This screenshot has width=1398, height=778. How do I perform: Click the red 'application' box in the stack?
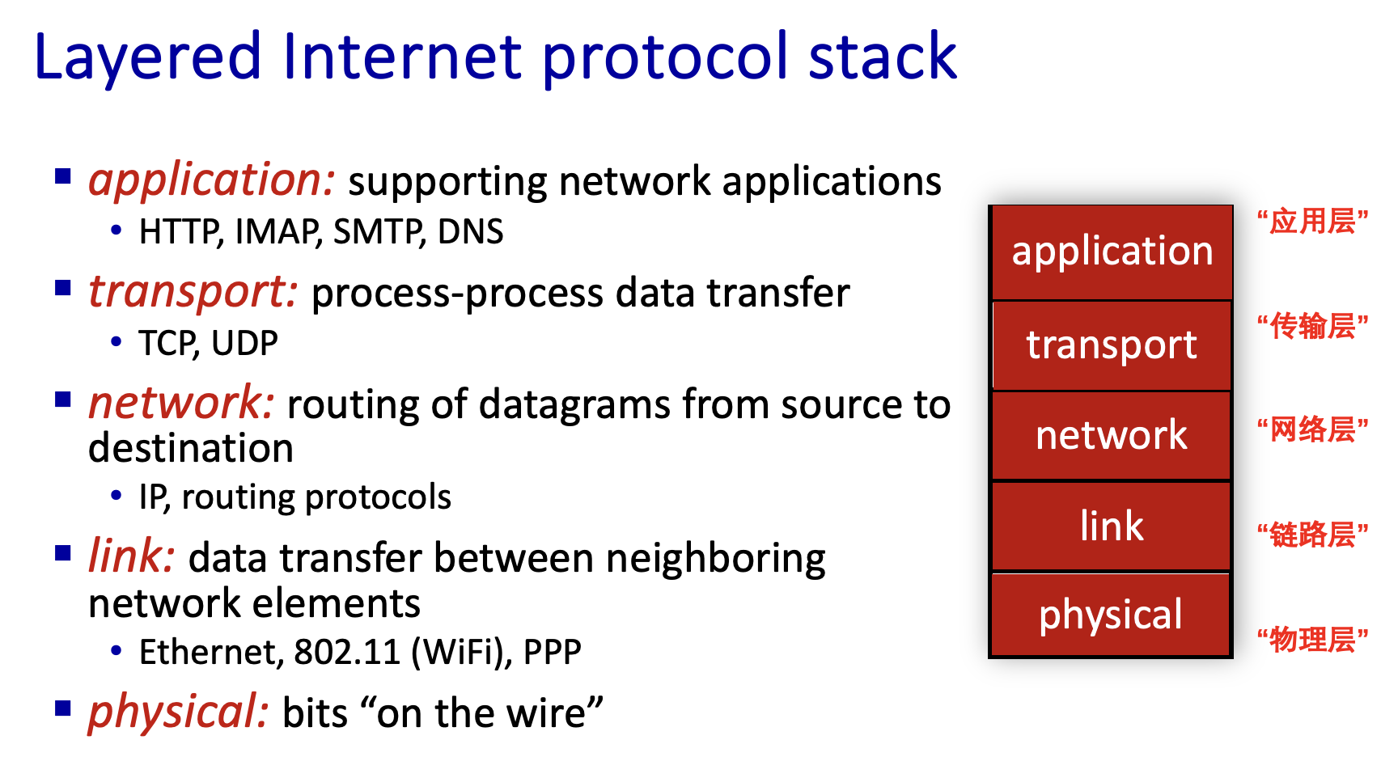(x=1112, y=252)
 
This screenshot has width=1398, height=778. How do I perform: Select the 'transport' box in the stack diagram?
(x=1112, y=345)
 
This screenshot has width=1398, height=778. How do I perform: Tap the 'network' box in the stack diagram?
(x=1112, y=436)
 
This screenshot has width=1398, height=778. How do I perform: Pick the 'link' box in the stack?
(x=1112, y=526)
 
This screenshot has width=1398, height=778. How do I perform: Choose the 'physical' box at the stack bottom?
(x=1111, y=615)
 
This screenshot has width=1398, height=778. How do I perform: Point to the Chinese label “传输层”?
(x=1312, y=327)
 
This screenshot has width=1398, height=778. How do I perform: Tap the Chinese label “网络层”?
(x=1312, y=430)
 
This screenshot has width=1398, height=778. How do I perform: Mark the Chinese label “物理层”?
(x=1312, y=640)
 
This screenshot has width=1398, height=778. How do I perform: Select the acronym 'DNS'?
(x=470, y=232)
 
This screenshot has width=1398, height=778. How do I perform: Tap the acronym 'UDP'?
(x=244, y=344)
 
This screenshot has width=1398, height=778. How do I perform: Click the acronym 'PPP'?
(x=552, y=652)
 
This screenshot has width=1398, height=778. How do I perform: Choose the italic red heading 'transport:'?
(x=193, y=292)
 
